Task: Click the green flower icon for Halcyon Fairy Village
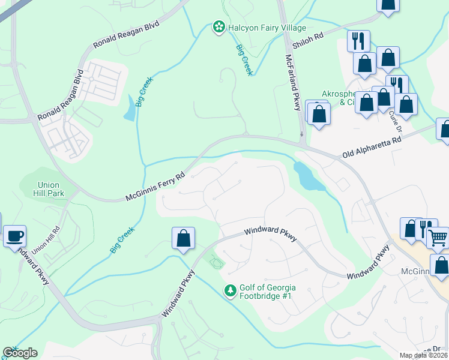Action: pyautogui.click(x=218, y=28)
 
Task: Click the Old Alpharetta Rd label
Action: pyautogui.click(x=371, y=148)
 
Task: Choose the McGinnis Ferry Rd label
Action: pyautogui.click(x=155, y=188)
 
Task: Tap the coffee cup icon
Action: pyautogui.click(x=14, y=236)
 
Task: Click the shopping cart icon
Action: pyautogui.click(x=438, y=238)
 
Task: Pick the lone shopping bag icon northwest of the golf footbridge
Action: pyautogui.click(x=184, y=238)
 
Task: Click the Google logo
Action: pyautogui.click(x=20, y=353)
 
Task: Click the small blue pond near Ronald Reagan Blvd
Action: pyautogui.click(x=130, y=110)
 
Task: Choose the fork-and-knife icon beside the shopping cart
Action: pyautogui.click(x=426, y=229)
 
